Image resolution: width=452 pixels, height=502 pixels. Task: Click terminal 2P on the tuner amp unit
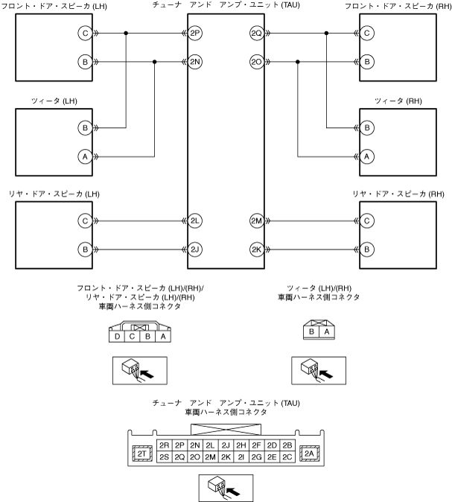(x=195, y=34)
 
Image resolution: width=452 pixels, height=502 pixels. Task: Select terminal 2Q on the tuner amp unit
(x=257, y=34)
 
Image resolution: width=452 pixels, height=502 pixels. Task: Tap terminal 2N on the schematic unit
(x=195, y=63)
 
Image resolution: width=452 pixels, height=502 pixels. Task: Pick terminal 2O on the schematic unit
(x=257, y=63)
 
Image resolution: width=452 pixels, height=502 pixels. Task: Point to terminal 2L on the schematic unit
(x=195, y=221)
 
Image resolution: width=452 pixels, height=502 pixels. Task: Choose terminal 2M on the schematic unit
(x=257, y=221)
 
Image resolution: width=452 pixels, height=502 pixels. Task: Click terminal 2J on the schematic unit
(x=195, y=249)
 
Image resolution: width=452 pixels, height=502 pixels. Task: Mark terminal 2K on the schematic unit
(x=257, y=249)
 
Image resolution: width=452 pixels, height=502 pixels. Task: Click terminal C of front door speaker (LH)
(x=86, y=34)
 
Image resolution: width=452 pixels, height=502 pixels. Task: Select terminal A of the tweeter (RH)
(x=366, y=156)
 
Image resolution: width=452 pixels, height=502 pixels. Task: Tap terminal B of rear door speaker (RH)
(x=366, y=249)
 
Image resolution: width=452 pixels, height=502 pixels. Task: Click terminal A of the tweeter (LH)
(x=86, y=156)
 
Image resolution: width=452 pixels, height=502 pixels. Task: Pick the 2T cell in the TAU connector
(x=141, y=452)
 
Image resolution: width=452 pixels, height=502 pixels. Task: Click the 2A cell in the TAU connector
(x=308, y=452)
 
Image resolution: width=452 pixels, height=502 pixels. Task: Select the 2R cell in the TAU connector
(x=165, y=445)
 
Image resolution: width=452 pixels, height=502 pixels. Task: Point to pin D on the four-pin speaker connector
(x=117, y=337)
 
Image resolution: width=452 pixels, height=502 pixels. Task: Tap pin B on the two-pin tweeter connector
(x=313, y=332)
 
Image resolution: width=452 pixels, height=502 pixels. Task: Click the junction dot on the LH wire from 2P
(x=126, y=34)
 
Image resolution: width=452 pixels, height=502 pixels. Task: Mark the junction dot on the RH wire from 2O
(x=298, y=63)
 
